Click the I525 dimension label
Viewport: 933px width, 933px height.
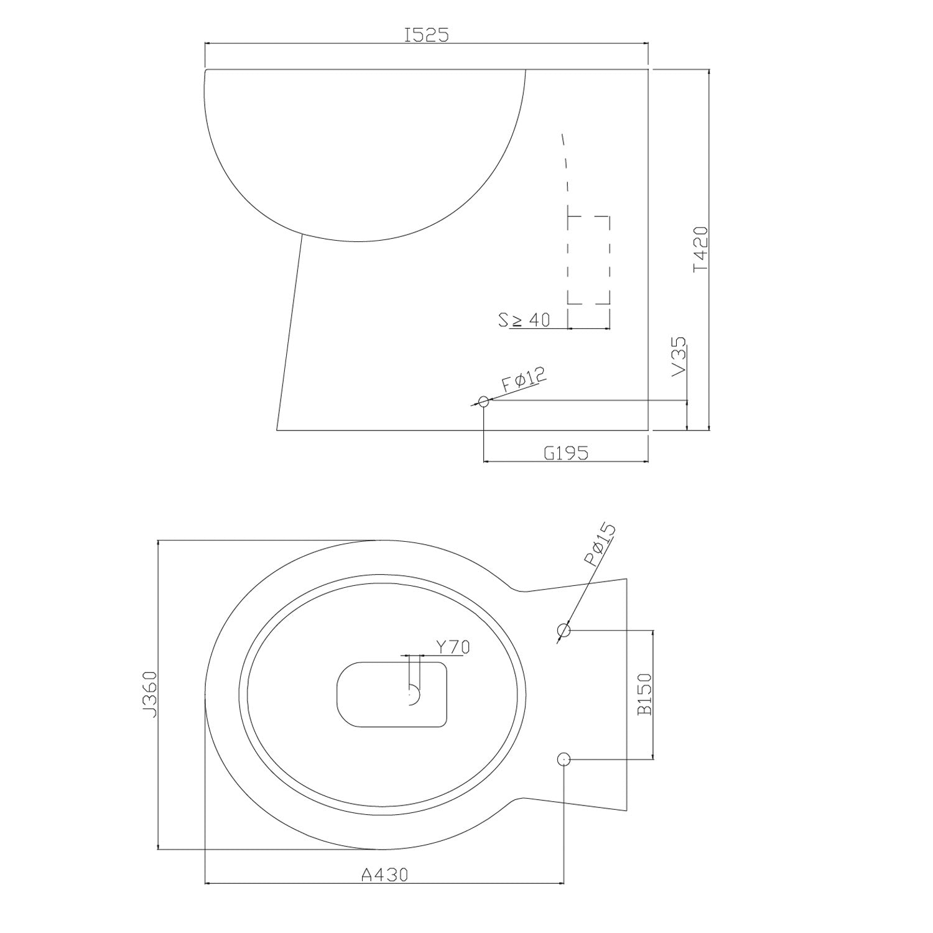click(426, 35)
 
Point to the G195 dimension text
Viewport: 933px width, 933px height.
click(565, 453)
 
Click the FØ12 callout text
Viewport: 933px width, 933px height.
click(524, 379)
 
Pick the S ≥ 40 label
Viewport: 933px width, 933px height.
click(524, 320)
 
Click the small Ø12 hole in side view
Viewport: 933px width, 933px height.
click(483, 401)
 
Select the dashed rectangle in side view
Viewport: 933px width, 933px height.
click(588, 260)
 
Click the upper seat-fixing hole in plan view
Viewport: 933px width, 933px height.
click(564, 630)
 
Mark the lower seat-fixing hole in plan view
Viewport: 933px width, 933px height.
click(564, 759)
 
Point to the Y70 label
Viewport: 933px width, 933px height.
click(452, 647)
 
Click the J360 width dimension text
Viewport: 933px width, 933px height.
click(149, 694)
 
